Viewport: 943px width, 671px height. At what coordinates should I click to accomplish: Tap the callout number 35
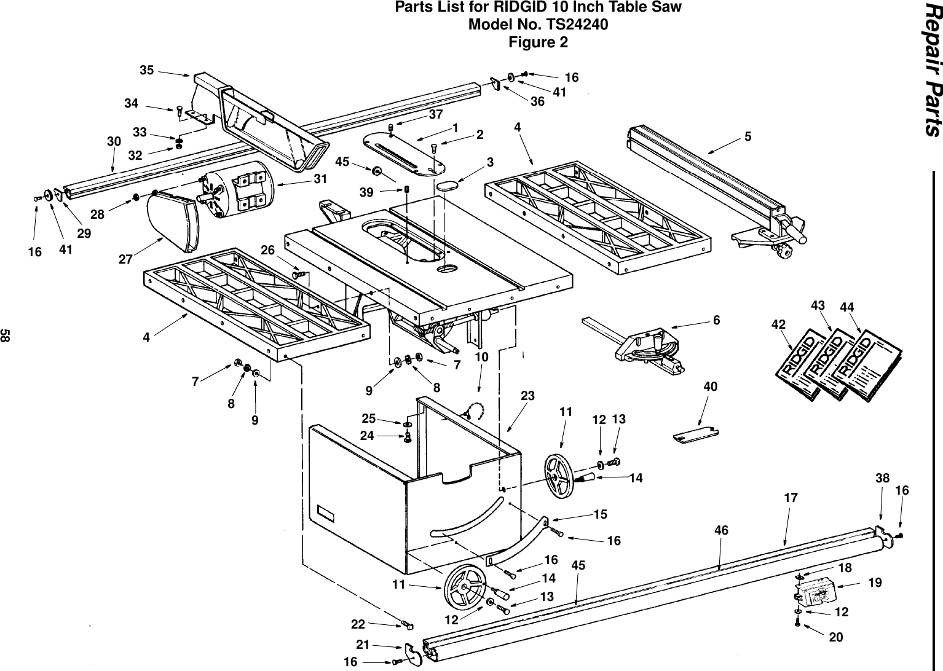pos(146,70)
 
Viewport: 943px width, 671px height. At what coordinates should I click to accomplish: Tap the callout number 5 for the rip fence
pos(748,136)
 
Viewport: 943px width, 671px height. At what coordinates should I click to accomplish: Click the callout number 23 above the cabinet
pos(528,397)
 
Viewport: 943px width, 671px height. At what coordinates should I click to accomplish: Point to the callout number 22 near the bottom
pos(358,624)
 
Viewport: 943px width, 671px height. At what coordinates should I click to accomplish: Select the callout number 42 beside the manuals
pos(779,324)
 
